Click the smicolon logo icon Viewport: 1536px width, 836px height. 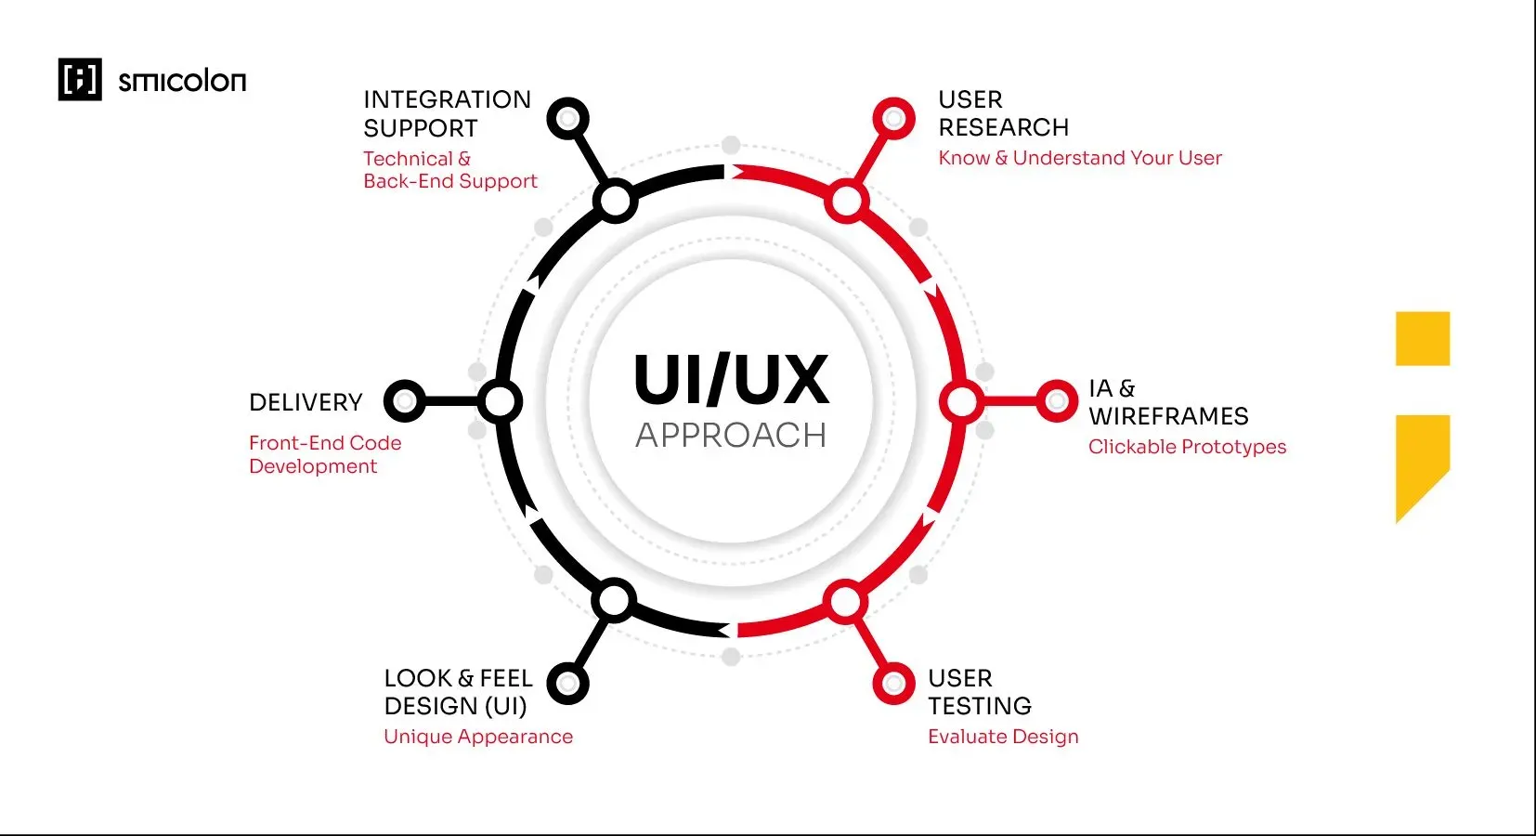80,79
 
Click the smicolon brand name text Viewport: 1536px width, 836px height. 182,82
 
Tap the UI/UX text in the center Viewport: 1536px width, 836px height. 731,380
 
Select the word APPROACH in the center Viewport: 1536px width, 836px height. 731,436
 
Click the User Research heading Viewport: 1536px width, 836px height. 1003,113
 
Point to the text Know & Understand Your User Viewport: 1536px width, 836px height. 1080,158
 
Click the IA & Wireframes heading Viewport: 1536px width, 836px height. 1168,402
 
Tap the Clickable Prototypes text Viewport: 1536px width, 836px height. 1187,447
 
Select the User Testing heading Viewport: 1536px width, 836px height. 980,692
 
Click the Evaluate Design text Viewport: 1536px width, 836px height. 1003,737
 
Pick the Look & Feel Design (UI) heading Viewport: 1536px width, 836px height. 458,692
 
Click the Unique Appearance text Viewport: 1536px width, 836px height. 478,737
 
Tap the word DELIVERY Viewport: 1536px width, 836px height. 306,402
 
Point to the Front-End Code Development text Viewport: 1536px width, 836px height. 325,454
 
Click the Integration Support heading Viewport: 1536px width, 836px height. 447,113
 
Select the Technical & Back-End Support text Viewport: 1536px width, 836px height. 449,170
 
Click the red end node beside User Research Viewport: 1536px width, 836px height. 893,119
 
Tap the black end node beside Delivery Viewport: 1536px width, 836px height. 404,401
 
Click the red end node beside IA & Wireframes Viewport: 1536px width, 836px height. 1056,401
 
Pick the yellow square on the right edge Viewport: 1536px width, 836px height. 1422,338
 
